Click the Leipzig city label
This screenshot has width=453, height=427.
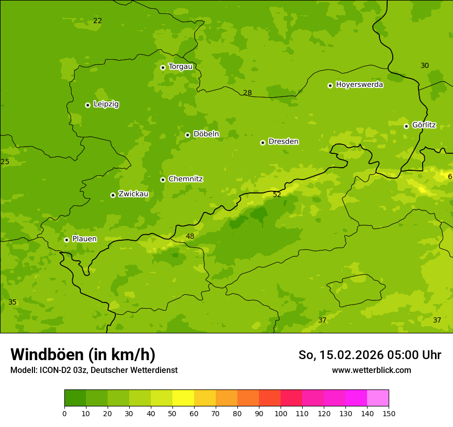[x=106, y=104]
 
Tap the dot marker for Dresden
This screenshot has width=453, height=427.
[x=263, y=143]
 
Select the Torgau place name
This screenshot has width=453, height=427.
[x=180, y=67]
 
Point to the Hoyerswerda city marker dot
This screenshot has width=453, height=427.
[x=330, y=85]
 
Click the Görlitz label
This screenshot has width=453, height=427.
[x=424, y=125]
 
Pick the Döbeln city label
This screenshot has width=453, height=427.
[x=206, y=134]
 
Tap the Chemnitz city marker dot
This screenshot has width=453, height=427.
[x=163, y=180]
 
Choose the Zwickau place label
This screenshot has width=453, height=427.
[x=133, y=194]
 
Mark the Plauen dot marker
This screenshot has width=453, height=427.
[x=66, y=240]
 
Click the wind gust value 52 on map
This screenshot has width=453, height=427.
[x=277, y=194]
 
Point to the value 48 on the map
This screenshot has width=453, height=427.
[x=190, y=237]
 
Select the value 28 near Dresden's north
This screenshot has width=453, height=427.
[x=248, y=93]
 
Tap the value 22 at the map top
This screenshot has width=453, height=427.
[x=98, y=21]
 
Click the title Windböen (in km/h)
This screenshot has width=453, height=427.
[x=83, y=354]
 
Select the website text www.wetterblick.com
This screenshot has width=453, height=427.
[x=371, y=370]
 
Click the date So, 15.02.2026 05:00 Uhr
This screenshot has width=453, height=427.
[x=370, y=355]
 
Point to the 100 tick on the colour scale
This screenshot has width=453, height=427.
[x=281, y=413]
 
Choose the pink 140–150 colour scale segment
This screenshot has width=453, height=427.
[x=378, y=398]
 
